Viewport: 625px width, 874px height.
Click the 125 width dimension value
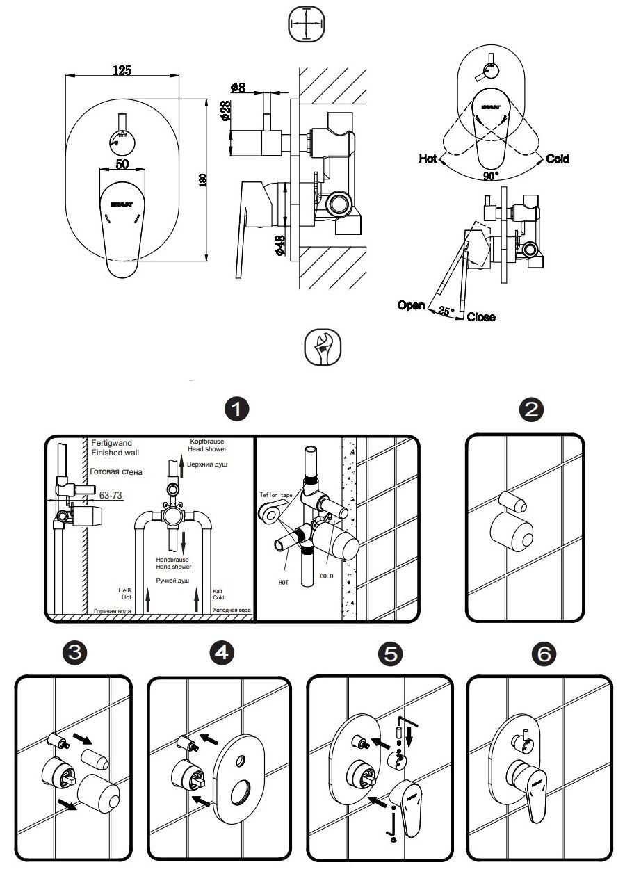pos(122,70)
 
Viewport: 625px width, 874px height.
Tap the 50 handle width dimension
pos(122,163)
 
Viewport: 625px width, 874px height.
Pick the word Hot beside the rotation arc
pos(428,159)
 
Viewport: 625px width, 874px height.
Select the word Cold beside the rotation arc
pos(558,159)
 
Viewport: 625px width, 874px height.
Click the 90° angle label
pos(492,176)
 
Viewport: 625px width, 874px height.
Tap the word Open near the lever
pos(411,305)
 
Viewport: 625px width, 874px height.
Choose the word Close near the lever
pos(481,317)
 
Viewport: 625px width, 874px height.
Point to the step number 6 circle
pos(543,654)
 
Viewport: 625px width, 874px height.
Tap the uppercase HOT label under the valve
pos(283,582)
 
